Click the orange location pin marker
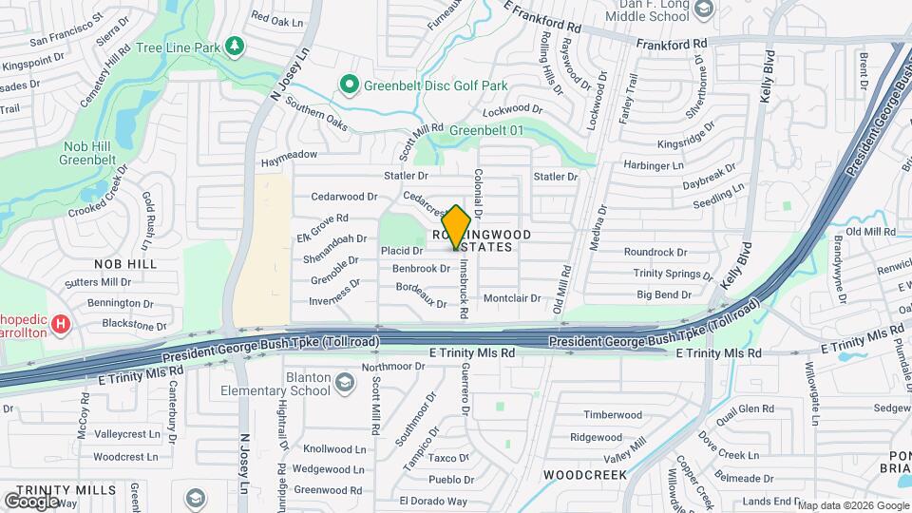click(456, 227)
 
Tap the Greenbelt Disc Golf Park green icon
click(349, 85)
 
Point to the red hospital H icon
click(61, 325)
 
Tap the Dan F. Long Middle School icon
click(703, 10)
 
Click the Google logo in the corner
click(32, 500)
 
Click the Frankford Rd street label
click(672, 44)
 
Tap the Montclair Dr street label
click(511, 298)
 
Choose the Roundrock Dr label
click(655, 253)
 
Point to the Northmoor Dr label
click(378, 367)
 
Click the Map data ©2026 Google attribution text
click(852, 504)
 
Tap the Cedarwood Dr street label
click(345, 197)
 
